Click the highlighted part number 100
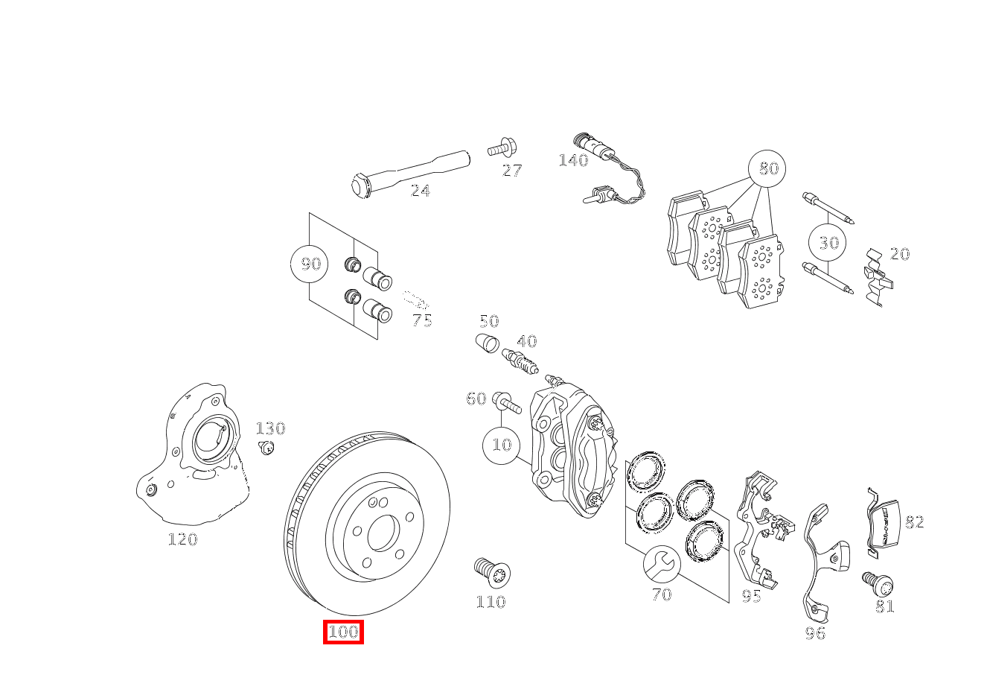[343, 632]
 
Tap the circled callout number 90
[310, 264]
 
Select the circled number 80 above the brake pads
[767, 169]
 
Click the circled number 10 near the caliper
[502, 445]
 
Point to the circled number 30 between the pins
[828, 243]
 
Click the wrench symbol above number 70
[661, 564]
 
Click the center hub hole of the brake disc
[383, 532]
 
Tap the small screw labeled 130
[266, 447]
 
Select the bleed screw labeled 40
[520, 362]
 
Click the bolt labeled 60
[506, 402]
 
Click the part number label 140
[572, 160]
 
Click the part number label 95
[751, 596]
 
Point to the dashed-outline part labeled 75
[416, 300]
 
